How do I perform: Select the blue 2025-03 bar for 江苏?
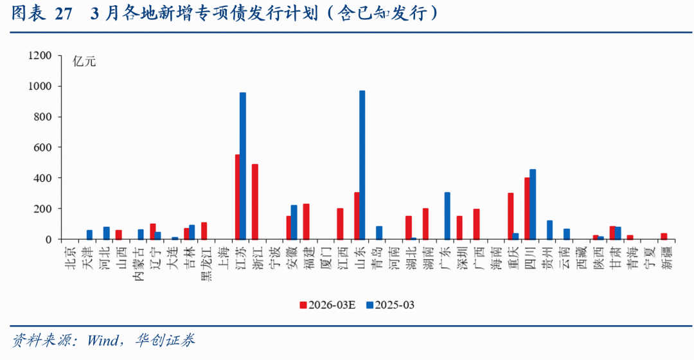[243, 166]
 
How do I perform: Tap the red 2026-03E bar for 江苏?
[237, 197]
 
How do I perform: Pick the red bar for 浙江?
[254, 202]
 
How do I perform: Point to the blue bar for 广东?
[447, 216]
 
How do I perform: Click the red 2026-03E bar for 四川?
[527, 208]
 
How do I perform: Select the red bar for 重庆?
[510, 216]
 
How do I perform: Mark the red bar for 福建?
[306, 222]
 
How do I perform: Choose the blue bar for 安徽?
[294, 222]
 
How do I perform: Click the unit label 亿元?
[84, 62]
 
